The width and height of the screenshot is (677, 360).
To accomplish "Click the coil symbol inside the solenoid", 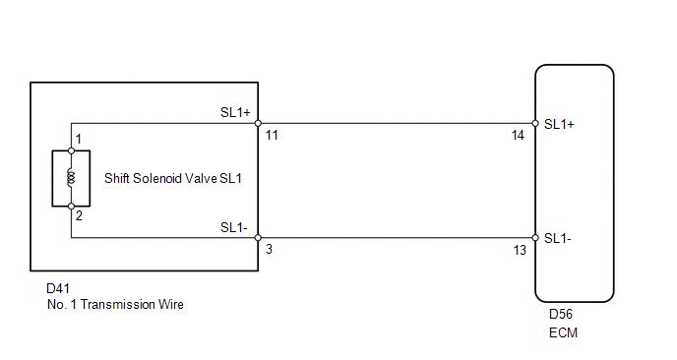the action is point(71,178).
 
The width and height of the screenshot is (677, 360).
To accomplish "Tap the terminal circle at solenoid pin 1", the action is point(71,150).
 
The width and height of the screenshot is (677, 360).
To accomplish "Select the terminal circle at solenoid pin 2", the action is point(71,207).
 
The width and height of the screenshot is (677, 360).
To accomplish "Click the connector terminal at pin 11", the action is point(258,124).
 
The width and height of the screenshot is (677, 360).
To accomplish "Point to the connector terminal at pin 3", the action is point(258,237).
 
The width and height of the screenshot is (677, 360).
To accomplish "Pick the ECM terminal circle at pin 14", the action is point(535,124).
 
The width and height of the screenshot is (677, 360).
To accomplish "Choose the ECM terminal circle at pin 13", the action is point(535,237).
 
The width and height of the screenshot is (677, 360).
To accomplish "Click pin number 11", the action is point(272,136).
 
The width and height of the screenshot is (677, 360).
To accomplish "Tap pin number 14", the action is point(518,136).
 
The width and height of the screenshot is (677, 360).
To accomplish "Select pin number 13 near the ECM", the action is point(520,250).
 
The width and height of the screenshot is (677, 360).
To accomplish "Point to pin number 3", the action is point(269,250).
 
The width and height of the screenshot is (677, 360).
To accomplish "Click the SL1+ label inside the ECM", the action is point(559,124).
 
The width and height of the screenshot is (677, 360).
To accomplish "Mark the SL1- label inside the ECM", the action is point(557,238).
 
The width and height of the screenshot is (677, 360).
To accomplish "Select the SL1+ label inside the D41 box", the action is point(235,112).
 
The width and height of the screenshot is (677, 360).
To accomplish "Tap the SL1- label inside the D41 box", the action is point(233,227).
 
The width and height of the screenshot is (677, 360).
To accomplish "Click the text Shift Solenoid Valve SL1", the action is point(173,178).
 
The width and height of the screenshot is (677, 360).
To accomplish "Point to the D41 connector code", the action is point(58,288).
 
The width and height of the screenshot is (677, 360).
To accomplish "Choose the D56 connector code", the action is point(561,314).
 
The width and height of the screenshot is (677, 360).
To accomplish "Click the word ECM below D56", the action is point(563,332).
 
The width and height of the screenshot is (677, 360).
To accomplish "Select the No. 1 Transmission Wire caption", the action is point(115,304).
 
